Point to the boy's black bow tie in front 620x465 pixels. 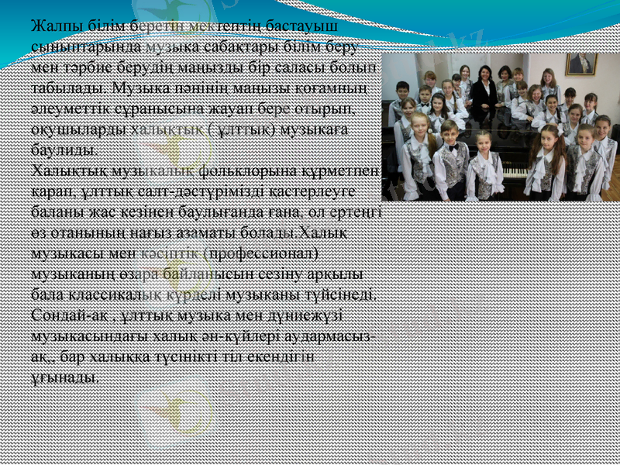452,147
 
